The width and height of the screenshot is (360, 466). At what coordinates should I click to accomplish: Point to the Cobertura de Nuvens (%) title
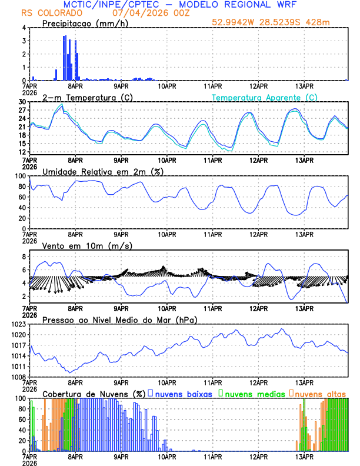tap(94, 393)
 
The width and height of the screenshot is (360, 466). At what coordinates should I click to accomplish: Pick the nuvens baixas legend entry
tap(180, 393)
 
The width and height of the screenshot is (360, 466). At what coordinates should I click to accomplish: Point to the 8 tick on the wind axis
tap(24, 257)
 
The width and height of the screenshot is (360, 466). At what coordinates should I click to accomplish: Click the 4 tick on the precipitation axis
tap(24, 28)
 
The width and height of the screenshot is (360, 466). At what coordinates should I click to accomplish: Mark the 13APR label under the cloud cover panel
tap(304, 455)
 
